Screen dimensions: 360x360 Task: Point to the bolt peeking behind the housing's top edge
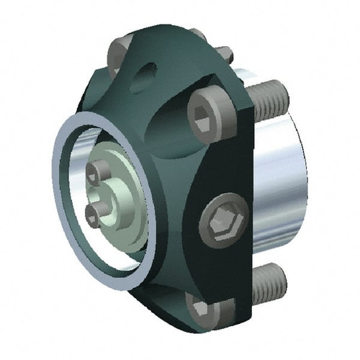(225, 53)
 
